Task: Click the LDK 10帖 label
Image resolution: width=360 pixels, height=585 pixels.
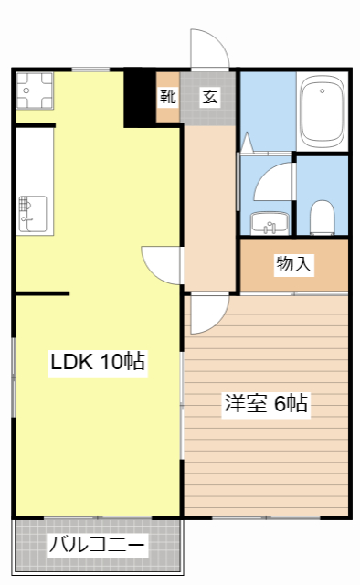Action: coord(98,362)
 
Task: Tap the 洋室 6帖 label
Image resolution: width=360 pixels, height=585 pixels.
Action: coord(265,404)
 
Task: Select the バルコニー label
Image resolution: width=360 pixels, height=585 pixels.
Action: coord(97,546)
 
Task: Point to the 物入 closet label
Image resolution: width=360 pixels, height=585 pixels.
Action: coord(294,265)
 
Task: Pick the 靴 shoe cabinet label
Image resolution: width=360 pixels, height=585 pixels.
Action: coord(168,97)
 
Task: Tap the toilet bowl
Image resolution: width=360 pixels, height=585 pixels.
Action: coord(321,218)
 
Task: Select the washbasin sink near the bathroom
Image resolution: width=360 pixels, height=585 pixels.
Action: coord(268,222)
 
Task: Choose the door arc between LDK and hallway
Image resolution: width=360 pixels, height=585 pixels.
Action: coord(160,265)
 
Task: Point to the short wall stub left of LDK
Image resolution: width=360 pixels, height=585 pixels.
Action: coord(42,293)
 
